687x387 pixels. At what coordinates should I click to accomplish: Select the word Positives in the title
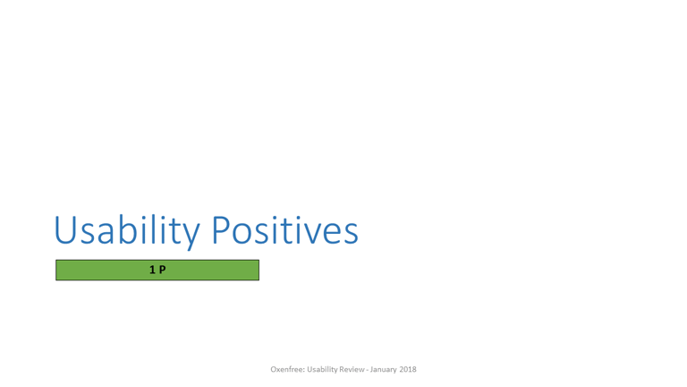(285, 229)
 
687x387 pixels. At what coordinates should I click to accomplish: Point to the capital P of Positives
(221, 229)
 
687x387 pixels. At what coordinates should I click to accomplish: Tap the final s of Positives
(352, 235)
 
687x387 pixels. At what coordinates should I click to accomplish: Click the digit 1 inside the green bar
(152, 270)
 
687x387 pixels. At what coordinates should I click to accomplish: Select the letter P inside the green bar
(163, 270)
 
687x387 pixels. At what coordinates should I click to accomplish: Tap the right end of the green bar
(259, 270)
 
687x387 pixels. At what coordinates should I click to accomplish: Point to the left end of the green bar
(56, 270)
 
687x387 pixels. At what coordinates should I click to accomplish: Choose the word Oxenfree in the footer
(287, 369)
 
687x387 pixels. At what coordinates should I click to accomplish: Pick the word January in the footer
(384, 370)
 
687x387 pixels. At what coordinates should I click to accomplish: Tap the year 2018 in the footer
(408, 369)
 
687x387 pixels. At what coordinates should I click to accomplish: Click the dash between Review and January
(367, 370)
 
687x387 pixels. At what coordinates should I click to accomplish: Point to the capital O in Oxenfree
(274, 369)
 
